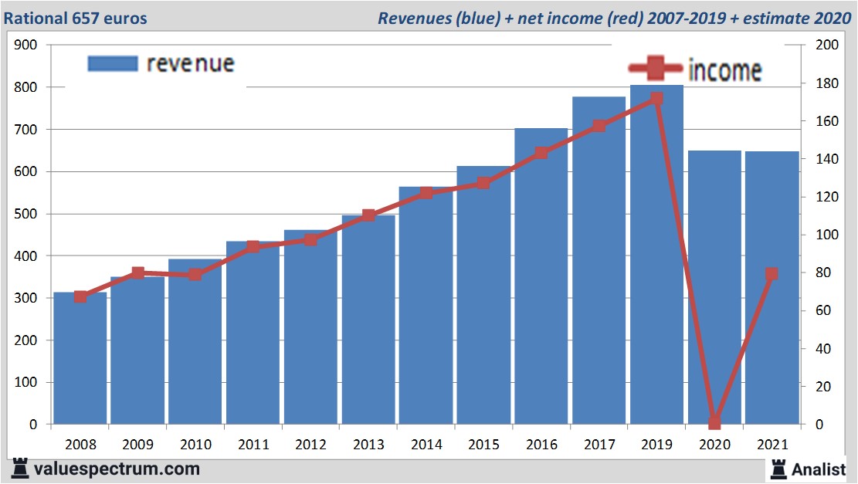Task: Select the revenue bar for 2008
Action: tap(80, 363)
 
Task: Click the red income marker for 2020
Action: tap(714, 422)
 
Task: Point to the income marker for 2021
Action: tap(772, 274)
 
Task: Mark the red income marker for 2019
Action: tap(656, 99)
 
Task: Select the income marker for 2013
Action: tap(368, 215)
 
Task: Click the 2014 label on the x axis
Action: tap(426, 445)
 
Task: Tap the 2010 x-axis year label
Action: tap(195, 445)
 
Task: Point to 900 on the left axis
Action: tap(26, 46)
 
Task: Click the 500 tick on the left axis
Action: tap(26, 214)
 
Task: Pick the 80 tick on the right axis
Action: tap(824, 272)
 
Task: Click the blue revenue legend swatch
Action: tap(113, 63)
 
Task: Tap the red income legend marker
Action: tap(655, 69)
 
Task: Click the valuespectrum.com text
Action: tap(117, 469)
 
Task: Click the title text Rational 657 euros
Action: tap(76, 18)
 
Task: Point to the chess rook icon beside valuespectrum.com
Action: tap(21, 469)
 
